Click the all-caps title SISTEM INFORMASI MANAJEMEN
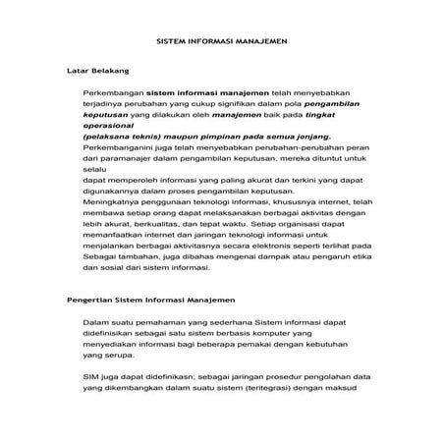coord(222,43)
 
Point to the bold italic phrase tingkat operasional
coord(309,119)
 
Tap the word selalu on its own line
coord(95,168)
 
